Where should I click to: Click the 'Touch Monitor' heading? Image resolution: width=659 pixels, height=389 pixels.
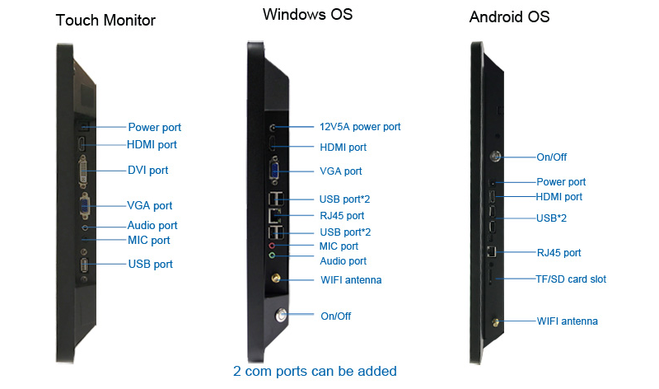(x=105, y=20)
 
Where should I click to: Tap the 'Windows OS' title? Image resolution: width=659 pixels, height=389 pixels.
(x=307, y=14)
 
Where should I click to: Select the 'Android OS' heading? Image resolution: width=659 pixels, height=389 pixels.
(x=509, y=16)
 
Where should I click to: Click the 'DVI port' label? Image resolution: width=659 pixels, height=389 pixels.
(x=147, y=171)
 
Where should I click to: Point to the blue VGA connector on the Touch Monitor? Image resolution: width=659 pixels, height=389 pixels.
(x=85, y=206)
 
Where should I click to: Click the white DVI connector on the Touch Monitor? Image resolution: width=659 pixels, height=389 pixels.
(x=83, y=171)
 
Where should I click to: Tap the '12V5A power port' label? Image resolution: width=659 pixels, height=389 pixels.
(x=360, y=127)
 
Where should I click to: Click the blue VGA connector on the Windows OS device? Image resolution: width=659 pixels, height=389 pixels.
(x=275, y=171)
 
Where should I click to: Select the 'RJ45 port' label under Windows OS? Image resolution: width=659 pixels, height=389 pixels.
(x=342, y=216)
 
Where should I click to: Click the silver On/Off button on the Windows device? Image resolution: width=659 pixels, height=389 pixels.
(x=281, y=315)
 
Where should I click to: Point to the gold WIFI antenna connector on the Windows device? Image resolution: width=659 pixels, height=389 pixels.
(x=276, y=278)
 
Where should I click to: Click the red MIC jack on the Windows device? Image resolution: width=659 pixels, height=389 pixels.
(x=273, y=245)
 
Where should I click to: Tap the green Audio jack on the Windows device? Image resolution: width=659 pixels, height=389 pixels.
(x=273, y=255)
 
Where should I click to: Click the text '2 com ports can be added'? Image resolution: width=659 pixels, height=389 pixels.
(x=315, y=371)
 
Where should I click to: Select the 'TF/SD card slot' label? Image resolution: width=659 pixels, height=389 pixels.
(x=571, y=279)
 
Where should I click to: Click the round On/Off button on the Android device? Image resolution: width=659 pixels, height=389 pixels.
(x=496, y=157)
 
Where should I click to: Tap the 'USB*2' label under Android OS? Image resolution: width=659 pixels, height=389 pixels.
(x=551, y=218)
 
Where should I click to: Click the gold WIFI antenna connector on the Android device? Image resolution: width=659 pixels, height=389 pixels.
(x=496, y=322)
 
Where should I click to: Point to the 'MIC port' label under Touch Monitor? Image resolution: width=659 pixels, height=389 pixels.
(x=149, y=240)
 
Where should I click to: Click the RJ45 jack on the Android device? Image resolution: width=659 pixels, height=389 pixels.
(x=491, y=251)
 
